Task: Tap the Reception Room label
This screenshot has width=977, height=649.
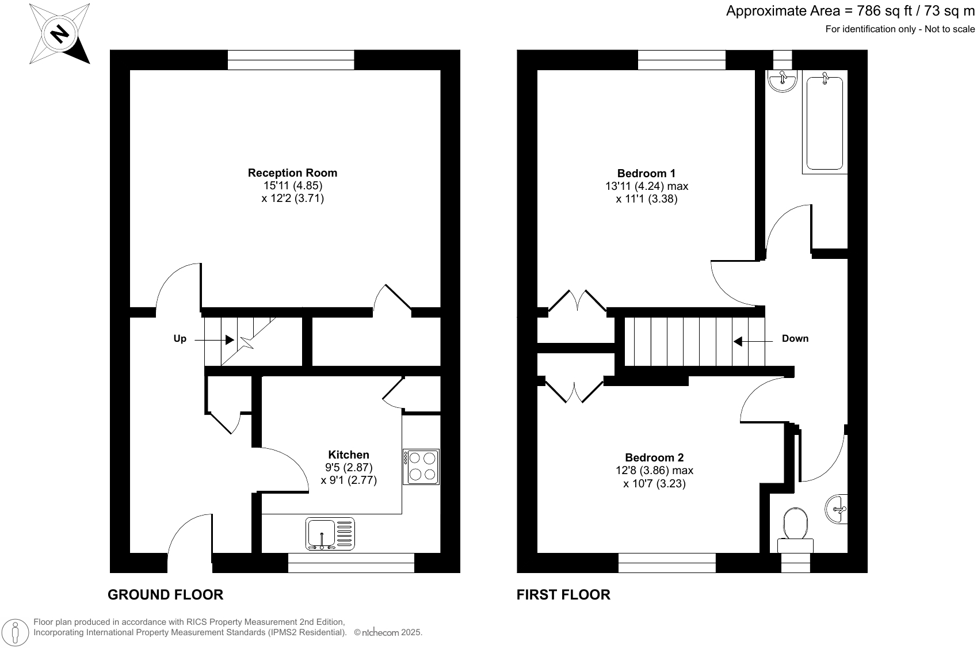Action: point(292,173)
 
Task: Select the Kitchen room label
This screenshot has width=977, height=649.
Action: point(348,455)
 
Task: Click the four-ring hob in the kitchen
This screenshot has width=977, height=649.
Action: point(421,467)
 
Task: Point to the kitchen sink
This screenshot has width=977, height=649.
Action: point(330,533)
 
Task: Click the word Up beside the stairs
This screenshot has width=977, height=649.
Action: point(180,339)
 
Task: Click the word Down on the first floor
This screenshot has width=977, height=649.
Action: point(795,338)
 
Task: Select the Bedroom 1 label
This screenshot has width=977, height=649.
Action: point(646,173)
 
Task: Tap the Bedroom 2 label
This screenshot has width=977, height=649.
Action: point(654,457)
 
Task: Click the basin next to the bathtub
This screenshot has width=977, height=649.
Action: point(783,81)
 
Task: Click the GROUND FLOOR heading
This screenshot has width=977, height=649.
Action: point(165,595)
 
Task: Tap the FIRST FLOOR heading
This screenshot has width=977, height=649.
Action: point(563,595)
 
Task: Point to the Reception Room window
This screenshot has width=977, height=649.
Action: point(291,60)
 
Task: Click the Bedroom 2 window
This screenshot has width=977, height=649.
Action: point(667,563)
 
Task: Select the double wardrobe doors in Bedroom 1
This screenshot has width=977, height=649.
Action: point(577,301)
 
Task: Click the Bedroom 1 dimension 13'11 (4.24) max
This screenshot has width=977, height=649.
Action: point(646,186)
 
